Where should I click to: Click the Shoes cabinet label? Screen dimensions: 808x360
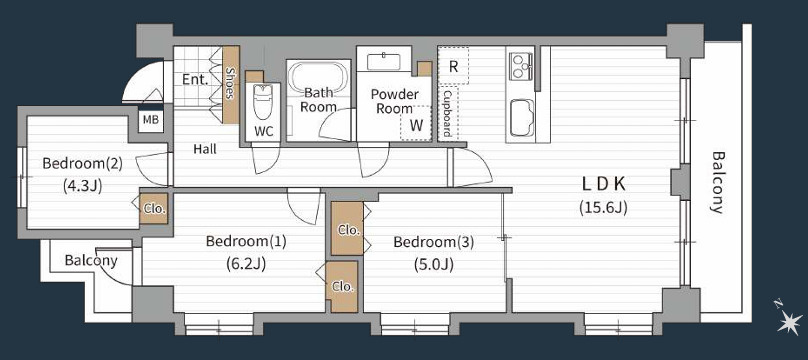click(231, 85)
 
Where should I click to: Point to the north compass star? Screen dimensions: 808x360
click(789, 323)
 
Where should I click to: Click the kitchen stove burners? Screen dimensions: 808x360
click(521, 67)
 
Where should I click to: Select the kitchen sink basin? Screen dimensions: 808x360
click(521, 117)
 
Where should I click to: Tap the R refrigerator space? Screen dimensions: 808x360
click(453, 66)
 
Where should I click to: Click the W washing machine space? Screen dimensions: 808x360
click(415, 124)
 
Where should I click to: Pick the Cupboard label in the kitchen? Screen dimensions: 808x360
click(447, 113)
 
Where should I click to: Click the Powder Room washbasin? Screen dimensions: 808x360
click(383, 61)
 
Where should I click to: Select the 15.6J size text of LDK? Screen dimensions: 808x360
click(603, 208)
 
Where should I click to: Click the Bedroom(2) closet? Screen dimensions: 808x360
click(154, 209)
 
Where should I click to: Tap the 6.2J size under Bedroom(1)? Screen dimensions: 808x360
click(245, 264)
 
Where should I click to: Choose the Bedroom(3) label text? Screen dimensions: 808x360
click(433, 242)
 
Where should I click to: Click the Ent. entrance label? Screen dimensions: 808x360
click(195, 80)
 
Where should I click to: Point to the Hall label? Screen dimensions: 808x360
click(205, 149)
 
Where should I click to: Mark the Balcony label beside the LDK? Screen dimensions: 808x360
click(717, 182)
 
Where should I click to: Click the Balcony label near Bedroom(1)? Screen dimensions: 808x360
click(91, 261)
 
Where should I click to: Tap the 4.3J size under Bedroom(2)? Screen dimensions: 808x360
click(82, 185)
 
